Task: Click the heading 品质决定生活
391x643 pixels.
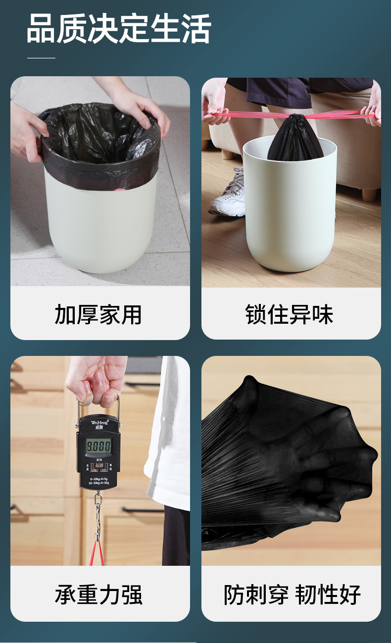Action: (x=119, y=28)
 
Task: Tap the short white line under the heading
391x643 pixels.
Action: (x=41, y=58)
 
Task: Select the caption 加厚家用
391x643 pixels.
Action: (x=98, y=315)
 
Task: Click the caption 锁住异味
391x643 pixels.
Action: (x=290, y=315)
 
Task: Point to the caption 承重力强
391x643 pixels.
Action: (x=98, y=594)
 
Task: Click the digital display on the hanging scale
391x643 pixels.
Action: (x=99, y=445)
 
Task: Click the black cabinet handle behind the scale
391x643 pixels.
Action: (x=141, y=510)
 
